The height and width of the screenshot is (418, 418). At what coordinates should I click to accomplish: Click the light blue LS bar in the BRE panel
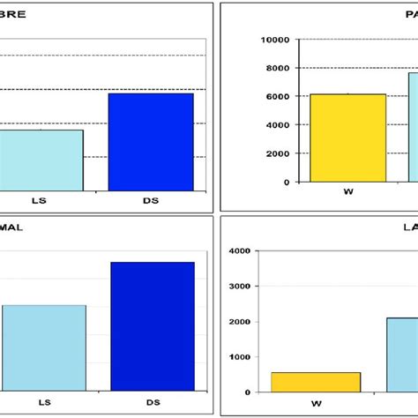point(41,160)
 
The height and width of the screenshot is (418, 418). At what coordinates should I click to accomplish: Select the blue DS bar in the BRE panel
point(151,141)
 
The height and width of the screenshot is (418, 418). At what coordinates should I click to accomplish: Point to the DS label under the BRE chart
point(151,202)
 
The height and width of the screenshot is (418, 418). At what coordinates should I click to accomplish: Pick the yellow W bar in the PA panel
point(348,138)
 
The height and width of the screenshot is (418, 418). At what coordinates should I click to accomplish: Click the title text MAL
point(11,228)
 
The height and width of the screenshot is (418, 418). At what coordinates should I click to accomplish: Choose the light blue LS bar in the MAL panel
point(44,347)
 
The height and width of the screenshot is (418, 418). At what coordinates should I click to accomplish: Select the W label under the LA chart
point(316,403)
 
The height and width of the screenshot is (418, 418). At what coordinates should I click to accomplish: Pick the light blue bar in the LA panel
point(402,355)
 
